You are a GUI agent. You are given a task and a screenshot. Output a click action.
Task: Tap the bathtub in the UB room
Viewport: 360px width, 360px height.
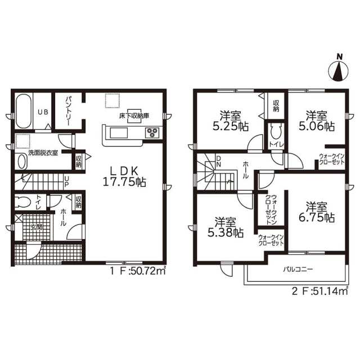pos(24,112)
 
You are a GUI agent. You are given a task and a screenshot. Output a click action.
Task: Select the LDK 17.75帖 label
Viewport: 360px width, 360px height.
pos(124,177)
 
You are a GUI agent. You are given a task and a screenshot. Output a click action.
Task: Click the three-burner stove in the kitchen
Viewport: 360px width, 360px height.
pos(152,133)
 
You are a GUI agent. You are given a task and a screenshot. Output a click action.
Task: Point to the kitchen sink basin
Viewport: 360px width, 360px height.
pos(119,133)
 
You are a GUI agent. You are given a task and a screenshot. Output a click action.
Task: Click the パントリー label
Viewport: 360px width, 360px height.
pos(68,110)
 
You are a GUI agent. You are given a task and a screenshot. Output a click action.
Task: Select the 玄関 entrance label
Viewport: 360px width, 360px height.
pos(36,227)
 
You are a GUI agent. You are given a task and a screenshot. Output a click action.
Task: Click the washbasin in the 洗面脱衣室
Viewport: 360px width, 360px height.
pos(22,161)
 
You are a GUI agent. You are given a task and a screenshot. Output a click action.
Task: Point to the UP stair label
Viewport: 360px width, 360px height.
pos(66,181)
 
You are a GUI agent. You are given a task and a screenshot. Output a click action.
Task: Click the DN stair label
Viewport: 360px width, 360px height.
pos(218,161)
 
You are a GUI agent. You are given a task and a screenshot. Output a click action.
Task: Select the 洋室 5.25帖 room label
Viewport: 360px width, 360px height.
pos(230,121)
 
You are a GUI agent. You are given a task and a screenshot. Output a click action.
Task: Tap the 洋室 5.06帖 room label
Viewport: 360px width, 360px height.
pos(316,120)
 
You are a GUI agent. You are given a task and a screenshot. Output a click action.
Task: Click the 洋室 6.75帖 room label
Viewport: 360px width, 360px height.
pos(316,211)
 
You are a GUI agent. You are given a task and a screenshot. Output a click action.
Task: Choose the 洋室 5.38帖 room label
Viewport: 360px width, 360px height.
pos(226,227)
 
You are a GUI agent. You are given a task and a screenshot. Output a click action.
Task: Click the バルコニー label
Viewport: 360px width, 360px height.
pos(298,269)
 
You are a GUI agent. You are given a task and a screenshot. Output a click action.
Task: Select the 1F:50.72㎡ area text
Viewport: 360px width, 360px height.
pos(138,271)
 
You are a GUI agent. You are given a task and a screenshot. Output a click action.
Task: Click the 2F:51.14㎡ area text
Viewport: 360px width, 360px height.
pos(320,291)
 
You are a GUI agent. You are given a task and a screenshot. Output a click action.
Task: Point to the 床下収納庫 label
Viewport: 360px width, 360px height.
pos(134,115)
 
